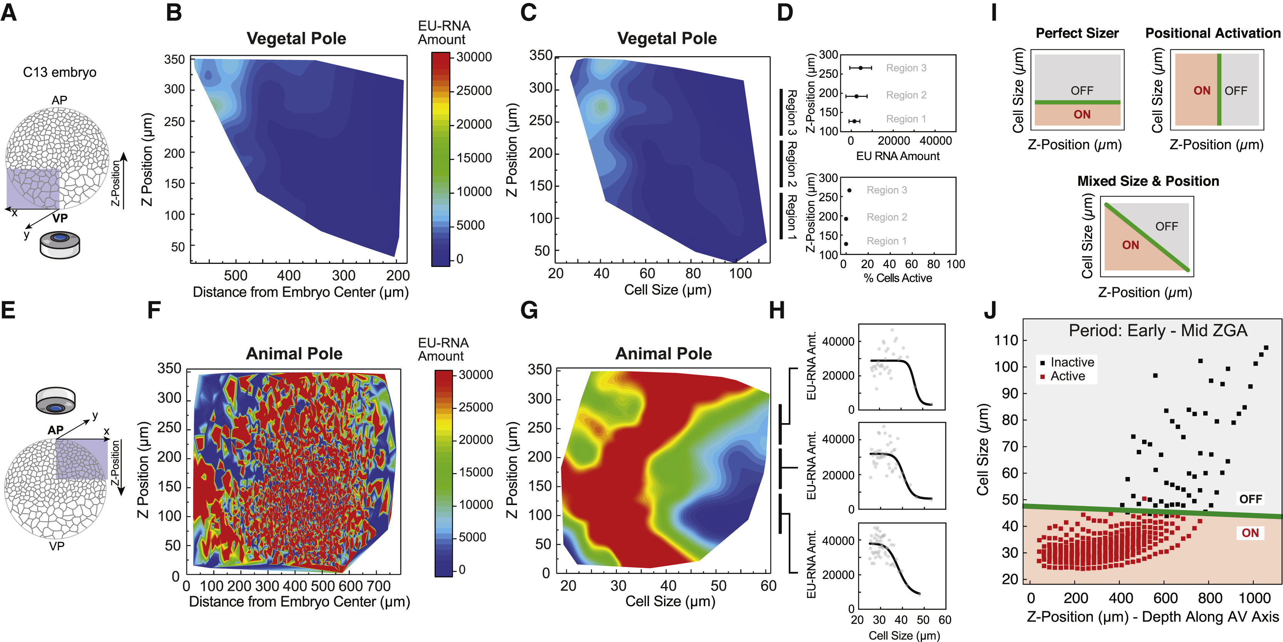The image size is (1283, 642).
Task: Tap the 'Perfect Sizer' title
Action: point(1077,33)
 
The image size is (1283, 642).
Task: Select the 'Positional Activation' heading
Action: point(1213,33)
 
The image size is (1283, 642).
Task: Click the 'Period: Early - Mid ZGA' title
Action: point(1158,330)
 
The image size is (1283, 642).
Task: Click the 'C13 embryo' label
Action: point(60,73)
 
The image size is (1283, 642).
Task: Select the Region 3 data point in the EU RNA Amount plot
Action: point(861,68)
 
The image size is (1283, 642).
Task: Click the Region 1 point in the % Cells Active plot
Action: point(846,244)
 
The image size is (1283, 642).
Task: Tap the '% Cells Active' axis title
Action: point(898,278)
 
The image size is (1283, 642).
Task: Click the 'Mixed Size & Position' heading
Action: point(1148,181)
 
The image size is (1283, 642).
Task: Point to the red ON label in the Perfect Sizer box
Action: point(1082,115)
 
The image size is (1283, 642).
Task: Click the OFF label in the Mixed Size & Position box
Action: point(1166,227)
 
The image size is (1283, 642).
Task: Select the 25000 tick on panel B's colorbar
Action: point(473,90)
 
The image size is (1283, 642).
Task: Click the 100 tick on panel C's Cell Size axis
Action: point(740,273)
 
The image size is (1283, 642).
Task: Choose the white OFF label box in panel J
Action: point(1251,499)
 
